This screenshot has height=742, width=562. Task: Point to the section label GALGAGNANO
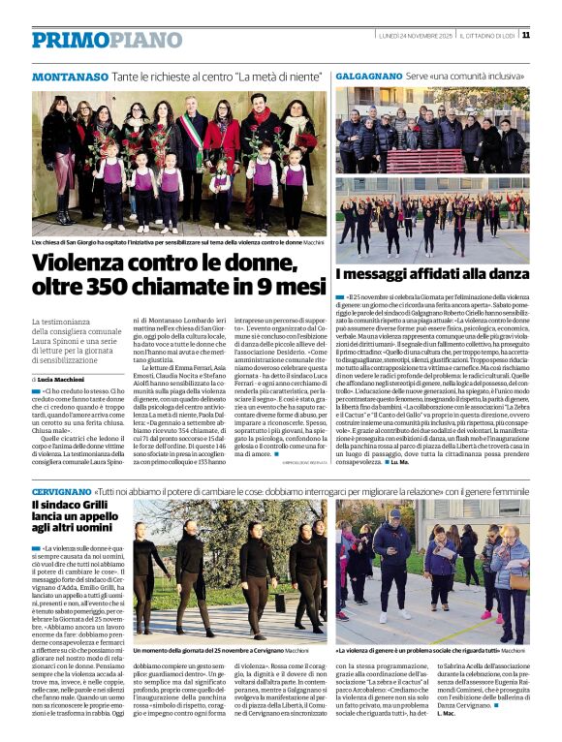(x=367, y=76)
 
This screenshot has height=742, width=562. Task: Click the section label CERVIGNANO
(x=61, y=493)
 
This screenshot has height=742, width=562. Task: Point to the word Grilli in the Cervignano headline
(x=92, y=507)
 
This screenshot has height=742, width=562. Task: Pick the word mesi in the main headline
(x=292, y=288)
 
